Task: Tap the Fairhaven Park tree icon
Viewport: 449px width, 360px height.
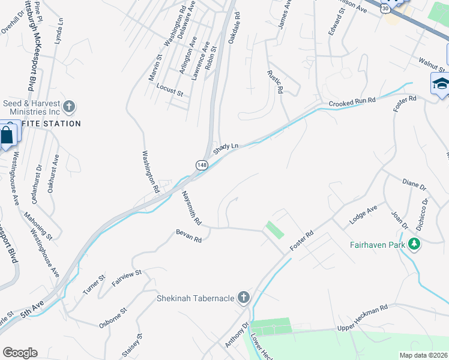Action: pos(414,244)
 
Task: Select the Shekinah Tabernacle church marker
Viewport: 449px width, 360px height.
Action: pos(244,298)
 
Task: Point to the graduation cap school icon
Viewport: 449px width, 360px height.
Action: pos(441,83)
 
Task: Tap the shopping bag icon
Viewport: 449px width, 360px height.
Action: pos(7,137)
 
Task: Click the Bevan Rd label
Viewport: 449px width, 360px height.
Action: pos(188,236)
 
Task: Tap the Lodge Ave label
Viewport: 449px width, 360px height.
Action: pos(363,215)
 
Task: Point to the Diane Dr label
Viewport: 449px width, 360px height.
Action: pos(414,182)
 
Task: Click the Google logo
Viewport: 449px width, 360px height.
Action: pos(20,352)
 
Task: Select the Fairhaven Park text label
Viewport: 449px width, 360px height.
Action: pos(377,244)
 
